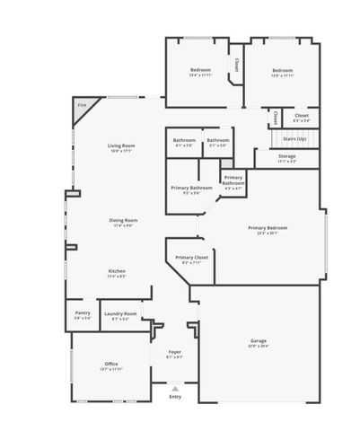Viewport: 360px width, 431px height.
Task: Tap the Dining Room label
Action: (123, 220)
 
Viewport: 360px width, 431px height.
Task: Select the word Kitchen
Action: (117, 271)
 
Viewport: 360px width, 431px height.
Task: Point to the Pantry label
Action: (82, 313)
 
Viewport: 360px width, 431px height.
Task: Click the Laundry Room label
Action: (119, 313)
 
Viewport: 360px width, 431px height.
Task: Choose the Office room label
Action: (111, 364)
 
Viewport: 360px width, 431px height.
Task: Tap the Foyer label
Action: (175, 352)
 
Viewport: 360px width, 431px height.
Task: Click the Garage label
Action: (259, 341)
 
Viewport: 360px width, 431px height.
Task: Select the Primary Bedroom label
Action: (268, 228)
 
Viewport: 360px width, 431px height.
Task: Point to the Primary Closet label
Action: (191, 258)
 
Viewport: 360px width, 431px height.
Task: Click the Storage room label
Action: (287, 156)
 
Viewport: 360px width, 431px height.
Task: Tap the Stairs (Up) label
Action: (294, 139)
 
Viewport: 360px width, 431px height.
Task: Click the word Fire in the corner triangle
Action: (82, 106)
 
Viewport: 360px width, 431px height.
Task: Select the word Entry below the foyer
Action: (175, 397)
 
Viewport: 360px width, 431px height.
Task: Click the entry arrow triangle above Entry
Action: (175, 389)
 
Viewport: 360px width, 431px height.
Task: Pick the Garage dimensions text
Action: (259, 347)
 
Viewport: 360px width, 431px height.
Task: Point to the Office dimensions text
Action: (111, 369)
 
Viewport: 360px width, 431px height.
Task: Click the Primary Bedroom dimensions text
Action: (268, 233)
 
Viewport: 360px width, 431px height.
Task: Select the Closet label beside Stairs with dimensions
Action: (302, 115)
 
